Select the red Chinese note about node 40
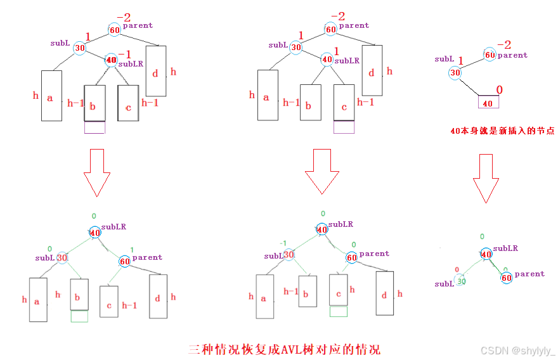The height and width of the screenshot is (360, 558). point(502,131)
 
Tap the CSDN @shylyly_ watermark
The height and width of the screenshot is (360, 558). point(517,350)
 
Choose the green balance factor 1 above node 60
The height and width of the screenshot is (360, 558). point(131,249)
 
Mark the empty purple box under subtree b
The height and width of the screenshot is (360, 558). point(94,127)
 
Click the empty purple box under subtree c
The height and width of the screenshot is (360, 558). point(344,127)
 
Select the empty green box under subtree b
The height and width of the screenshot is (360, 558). point(79,316)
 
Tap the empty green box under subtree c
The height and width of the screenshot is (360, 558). point(338,311)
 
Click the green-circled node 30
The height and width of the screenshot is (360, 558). point(461,281)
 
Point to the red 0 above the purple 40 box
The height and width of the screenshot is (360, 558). point(499,90)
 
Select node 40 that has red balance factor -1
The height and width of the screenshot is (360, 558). point(112,60)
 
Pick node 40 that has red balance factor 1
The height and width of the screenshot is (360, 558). point(327,60)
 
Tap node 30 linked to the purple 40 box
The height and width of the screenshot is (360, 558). point(455,72)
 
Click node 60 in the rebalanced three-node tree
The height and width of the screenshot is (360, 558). point(505,278)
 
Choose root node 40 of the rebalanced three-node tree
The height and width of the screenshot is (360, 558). point(486,254)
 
